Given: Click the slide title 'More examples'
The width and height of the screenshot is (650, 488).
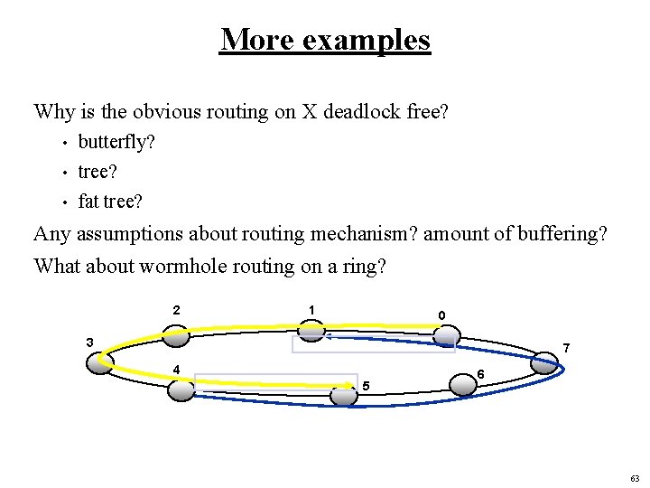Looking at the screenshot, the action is tap(325, 40).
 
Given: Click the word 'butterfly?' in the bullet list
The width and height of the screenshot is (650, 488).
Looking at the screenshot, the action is tap(116, 142).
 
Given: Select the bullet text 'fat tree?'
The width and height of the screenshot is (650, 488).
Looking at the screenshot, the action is tap(110, 201).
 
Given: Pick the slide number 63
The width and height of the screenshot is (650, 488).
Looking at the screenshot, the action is tap(635, 478).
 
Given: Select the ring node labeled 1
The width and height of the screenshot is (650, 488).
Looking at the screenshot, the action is tap(311, 330).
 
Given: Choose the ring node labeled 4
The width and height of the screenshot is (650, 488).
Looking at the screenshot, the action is tap(181, 390).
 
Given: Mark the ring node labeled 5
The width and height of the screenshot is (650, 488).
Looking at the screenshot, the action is tap(343, 395).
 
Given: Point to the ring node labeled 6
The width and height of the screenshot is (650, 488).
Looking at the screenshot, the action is tap(463, 384).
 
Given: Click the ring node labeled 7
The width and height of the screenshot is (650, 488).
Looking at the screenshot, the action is tap(543, 363).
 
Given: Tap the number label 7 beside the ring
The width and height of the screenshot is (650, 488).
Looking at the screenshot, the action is tap(565, 348).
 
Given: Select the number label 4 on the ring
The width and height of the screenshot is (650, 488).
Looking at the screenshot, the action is tap(177, 369).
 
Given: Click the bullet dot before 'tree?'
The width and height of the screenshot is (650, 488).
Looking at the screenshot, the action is tap(65, 172).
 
